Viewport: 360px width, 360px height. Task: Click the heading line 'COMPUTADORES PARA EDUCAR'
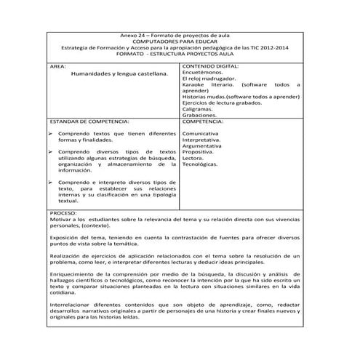point(180,41)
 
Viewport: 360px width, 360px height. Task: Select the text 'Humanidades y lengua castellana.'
point(120,73)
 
